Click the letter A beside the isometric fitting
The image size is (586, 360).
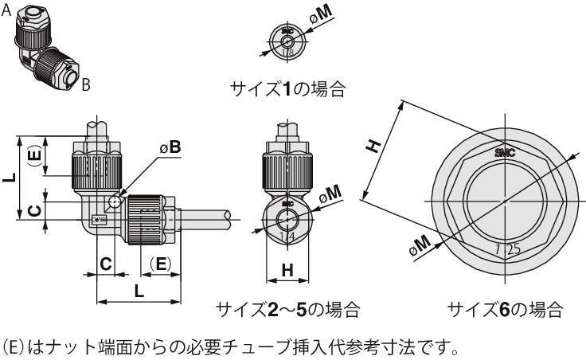tap(6, 9)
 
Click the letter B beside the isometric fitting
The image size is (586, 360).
tap(86, 82)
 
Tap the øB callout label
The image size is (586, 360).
tap(170, 147)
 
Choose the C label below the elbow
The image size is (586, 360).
tap(105, 264)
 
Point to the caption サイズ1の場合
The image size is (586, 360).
tap(287, 88)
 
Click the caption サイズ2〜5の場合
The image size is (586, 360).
tap(287, 308)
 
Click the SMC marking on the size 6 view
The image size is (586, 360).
tap(505, 151)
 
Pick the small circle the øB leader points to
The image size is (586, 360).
tap(117, 201)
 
